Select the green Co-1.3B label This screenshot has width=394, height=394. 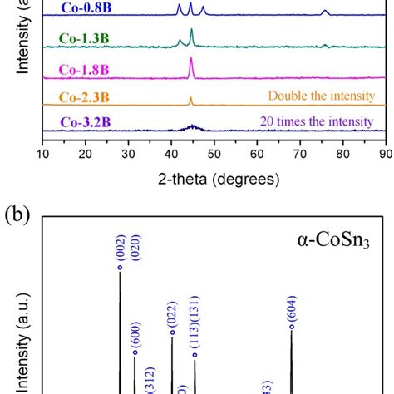tap(83, 38)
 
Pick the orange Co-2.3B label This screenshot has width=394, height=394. tap(83, 97)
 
